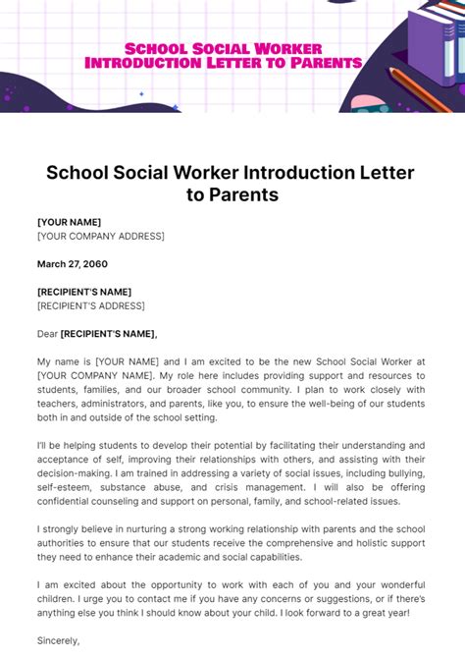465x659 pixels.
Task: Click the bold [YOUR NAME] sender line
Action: click(x=69, y=222)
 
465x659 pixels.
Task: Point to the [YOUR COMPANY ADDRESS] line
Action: click(x=100, y=236)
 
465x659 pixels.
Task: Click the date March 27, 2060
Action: click(x=73, y=264)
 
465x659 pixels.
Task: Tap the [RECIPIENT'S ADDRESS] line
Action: click(x=90, y=305)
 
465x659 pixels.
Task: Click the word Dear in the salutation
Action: click(x=48, y=334)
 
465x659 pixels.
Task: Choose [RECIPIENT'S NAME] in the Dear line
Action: click(x=108, y=334)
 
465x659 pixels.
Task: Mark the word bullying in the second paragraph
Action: click(x=402, y=472)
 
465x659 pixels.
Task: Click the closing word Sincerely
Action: click(x=58, y=639)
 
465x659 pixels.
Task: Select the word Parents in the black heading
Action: click(x=242, y=195)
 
